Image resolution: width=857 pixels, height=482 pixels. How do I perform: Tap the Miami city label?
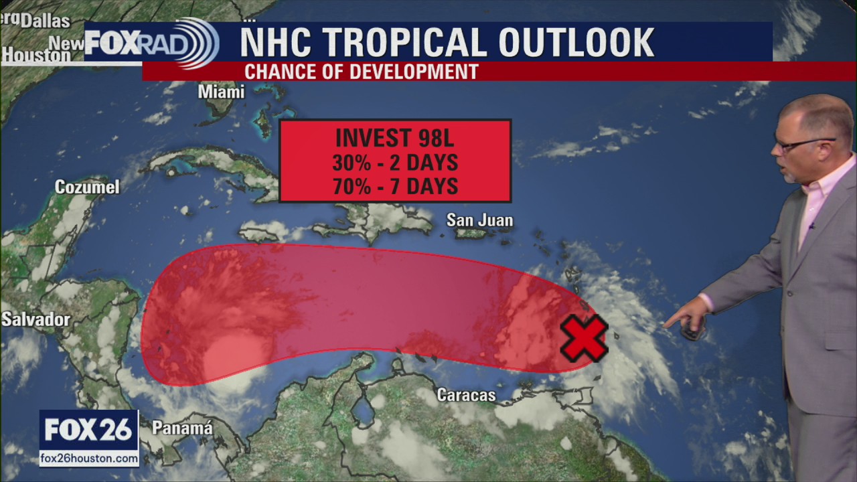click(221, 92)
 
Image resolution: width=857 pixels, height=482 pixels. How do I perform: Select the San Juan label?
click(479, 220)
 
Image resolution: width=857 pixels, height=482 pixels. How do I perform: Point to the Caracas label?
click(466, 396)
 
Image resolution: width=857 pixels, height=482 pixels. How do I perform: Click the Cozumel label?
click(87, 187)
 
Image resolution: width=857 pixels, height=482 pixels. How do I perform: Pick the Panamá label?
click(182, 428)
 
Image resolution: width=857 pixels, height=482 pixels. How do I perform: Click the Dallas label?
click(45, 21)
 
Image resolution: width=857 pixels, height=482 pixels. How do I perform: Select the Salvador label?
click(35, 320)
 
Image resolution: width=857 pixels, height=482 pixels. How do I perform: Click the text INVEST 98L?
click(395, 138)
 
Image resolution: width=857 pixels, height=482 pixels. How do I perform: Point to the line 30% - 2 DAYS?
click(395, 162)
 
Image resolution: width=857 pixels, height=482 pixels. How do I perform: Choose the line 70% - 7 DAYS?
click(395, 186)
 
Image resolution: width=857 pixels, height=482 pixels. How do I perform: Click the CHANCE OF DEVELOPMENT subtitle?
click(361, 72)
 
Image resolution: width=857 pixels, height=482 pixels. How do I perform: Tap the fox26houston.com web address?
click(89, 459)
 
